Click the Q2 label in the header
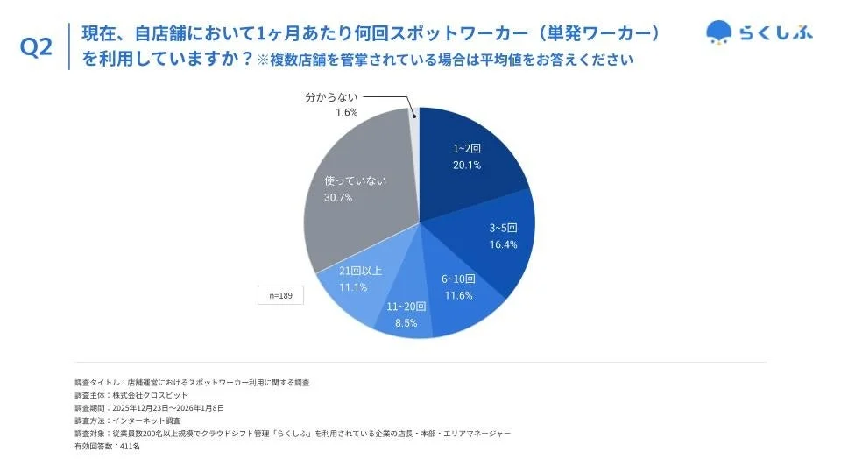[36, 48]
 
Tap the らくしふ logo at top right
[760, 32]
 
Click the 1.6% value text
[347, 114]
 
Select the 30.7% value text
[338, 197]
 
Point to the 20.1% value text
[467, 165]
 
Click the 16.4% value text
[503, 244]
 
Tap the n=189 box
[280, 296]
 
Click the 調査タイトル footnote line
[192, 383]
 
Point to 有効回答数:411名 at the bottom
[107, 446]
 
